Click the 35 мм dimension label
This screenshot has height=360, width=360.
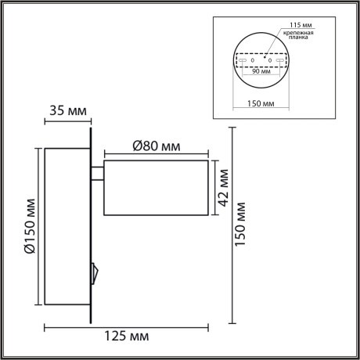click(67, 110)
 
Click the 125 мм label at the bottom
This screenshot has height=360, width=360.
click(127, 337)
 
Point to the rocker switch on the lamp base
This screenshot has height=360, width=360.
click(95, 272)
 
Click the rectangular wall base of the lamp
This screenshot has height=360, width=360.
click(67, 226)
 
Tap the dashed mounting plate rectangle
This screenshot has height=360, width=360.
click(261, 61)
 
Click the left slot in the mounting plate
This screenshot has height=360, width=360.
click(241, 61)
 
